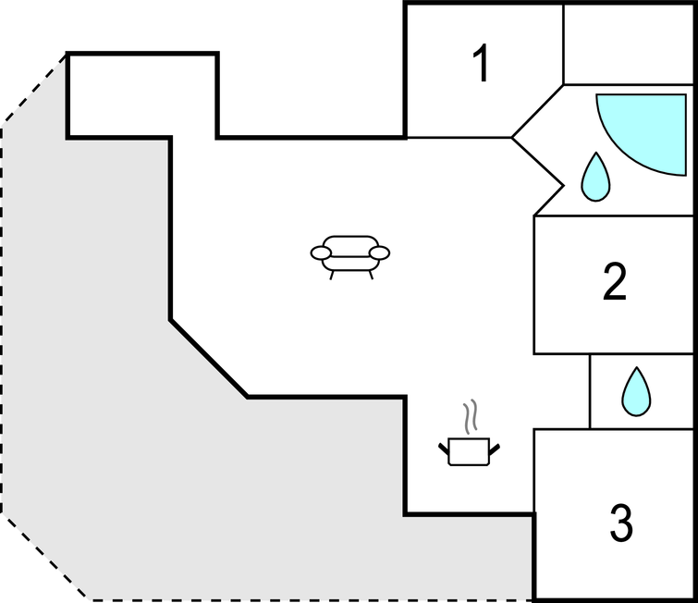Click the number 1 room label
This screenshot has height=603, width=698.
click(x=480, y=64)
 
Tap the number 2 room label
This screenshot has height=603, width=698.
click(x=615, y=282)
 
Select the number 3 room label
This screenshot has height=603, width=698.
click(x=621, y=523)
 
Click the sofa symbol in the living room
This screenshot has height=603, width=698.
click(x=350, y=254)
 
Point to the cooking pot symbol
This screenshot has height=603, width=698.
click(x=469, y=450)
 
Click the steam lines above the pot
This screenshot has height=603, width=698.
click(x=471, y=416)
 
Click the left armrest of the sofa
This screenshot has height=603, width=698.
click(x=321, y=252)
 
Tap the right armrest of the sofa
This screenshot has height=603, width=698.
click(x=380, y=252)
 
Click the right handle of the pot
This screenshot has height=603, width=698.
click(x=496, y=449)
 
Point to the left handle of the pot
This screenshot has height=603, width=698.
click(x=444, y=449)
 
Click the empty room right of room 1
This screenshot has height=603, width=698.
click(x=629, y=43)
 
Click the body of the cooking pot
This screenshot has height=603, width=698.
click(x=469, y=454)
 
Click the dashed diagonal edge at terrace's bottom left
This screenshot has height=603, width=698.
click(x=46, y=555)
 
